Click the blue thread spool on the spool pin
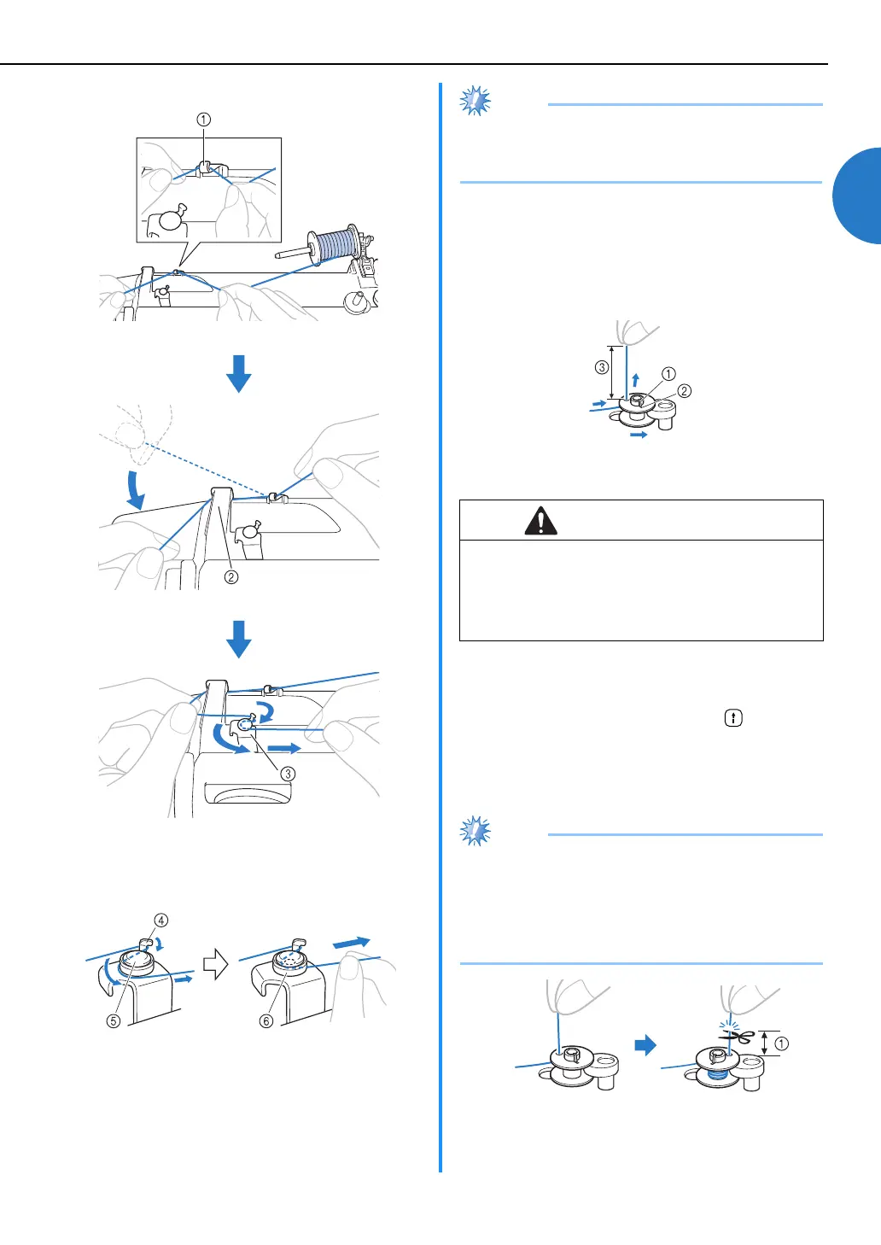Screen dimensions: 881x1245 [x=338, y=246]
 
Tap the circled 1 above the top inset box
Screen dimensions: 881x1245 [x=203, y=120]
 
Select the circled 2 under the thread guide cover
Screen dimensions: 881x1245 [x=231, y=576]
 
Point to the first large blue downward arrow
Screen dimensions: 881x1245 [x=239, y=373]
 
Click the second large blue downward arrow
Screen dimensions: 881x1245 [x=239, y=639]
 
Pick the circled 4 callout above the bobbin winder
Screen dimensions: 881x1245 [x=161, y=920]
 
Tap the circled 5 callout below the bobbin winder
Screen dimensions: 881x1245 [x=113, y=1020]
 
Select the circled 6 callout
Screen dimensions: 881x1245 [x=266, y=1020]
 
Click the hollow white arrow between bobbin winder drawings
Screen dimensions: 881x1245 [x=215, y=965]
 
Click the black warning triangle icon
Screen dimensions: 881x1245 [x=540, y=521]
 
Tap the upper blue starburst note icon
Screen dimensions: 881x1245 [x=476, y=101]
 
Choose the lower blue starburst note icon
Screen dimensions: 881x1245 [x=476, y=831]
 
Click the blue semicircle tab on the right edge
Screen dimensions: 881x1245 [x=858, y=196]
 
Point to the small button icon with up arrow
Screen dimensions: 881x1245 [x=732, y=718]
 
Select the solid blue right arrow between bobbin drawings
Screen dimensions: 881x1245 [x=646, y=1044]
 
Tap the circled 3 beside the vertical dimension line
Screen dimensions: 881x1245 [x=602, y=367]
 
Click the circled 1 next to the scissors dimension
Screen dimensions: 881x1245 [x=781, y=1043]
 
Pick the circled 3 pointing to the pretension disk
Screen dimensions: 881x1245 [x=289, y=774]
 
